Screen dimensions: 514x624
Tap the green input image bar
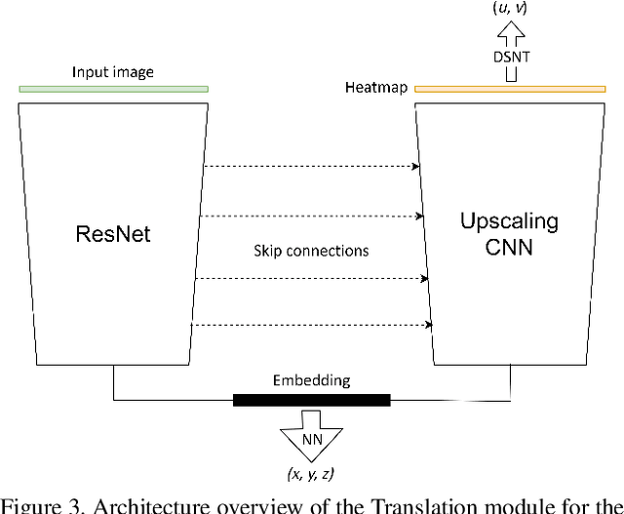pos(113,89)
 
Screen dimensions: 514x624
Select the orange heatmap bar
pos(509,89)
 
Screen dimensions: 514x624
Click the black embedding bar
pos(311,400)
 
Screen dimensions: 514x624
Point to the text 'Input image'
pos(113,72)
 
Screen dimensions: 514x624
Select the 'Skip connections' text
pos(311,251)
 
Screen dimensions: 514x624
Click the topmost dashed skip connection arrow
pos(310,167)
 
